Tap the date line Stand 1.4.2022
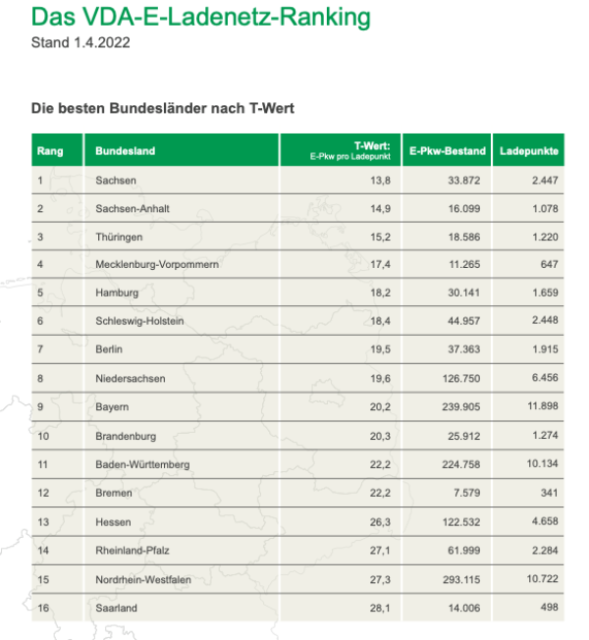(81, 43)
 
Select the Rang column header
(50, 151)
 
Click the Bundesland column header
(125, 151)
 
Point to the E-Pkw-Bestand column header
(448, 151)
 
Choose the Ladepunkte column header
(529, 151)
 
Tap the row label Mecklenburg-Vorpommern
(157, 265)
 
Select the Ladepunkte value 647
(549, 265)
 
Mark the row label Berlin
(110, 349)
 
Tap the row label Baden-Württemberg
(143, 463)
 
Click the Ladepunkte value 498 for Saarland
(549, 609)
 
